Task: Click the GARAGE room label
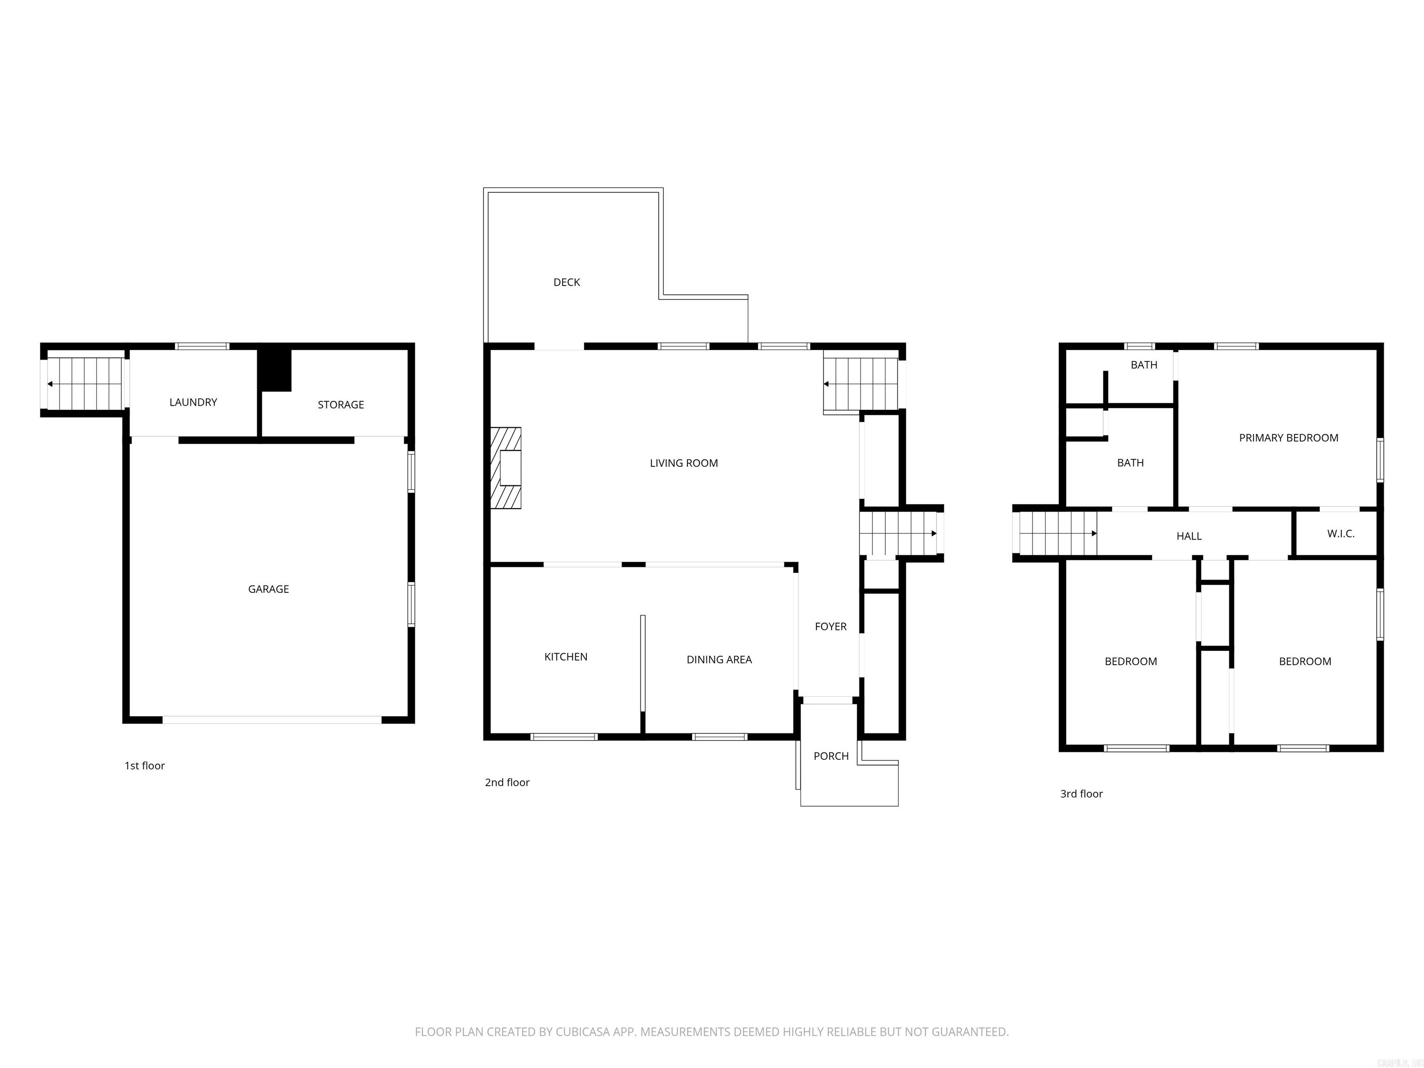(268, 589)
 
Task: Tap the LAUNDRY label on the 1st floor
(193, 402)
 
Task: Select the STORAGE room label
(341, 405)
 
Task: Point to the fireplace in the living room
(507, 468)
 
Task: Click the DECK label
(566, 283)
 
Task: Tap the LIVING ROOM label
(684, 464)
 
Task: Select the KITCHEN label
(566, 657)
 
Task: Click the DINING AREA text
(719, 660)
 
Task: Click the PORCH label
(831, 756)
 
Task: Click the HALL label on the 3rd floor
(1189, 536)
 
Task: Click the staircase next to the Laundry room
(85, 384)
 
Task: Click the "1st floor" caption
(144, 766)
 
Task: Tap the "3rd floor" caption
(1081, 795)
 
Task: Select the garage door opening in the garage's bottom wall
(272, 720)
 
